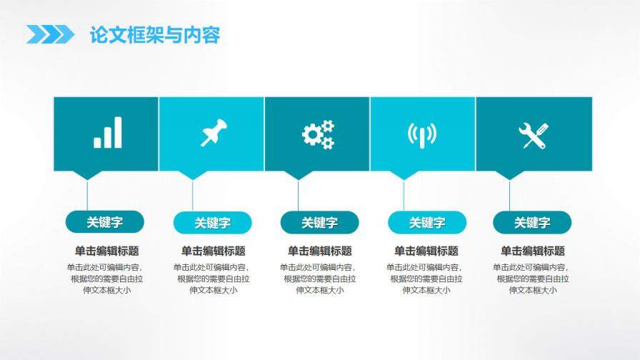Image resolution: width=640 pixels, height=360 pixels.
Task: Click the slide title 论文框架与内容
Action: [x=154, y=35]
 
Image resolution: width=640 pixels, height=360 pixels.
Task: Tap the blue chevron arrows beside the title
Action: [x=50, y=34]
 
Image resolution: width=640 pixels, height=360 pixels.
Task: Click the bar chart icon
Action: [x=107, y=133]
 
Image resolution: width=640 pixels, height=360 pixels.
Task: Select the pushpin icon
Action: [x=213, y=134]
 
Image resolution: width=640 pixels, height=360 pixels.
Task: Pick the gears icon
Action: [x=318, y=134]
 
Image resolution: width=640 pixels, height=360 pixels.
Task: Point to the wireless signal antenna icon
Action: [x=422, y=134]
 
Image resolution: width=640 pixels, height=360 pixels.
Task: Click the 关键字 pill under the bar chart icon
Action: [x=105, y=222]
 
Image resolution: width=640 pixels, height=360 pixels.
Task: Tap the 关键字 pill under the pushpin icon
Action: [x=212, y=223]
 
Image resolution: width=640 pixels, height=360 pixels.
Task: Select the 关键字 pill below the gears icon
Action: [x=319, y=223]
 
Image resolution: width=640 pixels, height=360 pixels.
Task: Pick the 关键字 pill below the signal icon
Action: [x=426, y=223]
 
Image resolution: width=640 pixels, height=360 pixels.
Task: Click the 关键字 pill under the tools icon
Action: [x=532, y=223]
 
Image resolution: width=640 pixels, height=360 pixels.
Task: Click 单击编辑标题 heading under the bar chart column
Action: [x=106, y=251]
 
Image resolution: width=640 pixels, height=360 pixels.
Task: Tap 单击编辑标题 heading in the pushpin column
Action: [x=213, y=251]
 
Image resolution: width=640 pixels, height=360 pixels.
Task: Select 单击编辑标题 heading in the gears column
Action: [x=319, y=251]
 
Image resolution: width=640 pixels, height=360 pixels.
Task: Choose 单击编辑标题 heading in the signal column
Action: [x=426, y=251]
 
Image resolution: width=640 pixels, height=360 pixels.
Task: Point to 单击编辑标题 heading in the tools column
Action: [x=532, y=251]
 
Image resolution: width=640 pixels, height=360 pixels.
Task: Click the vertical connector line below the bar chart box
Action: [x=87, y=194]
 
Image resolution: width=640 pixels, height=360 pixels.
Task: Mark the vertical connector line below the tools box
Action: [x=509, y=194]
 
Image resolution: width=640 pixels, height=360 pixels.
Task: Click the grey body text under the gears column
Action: [x=319, y=279]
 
